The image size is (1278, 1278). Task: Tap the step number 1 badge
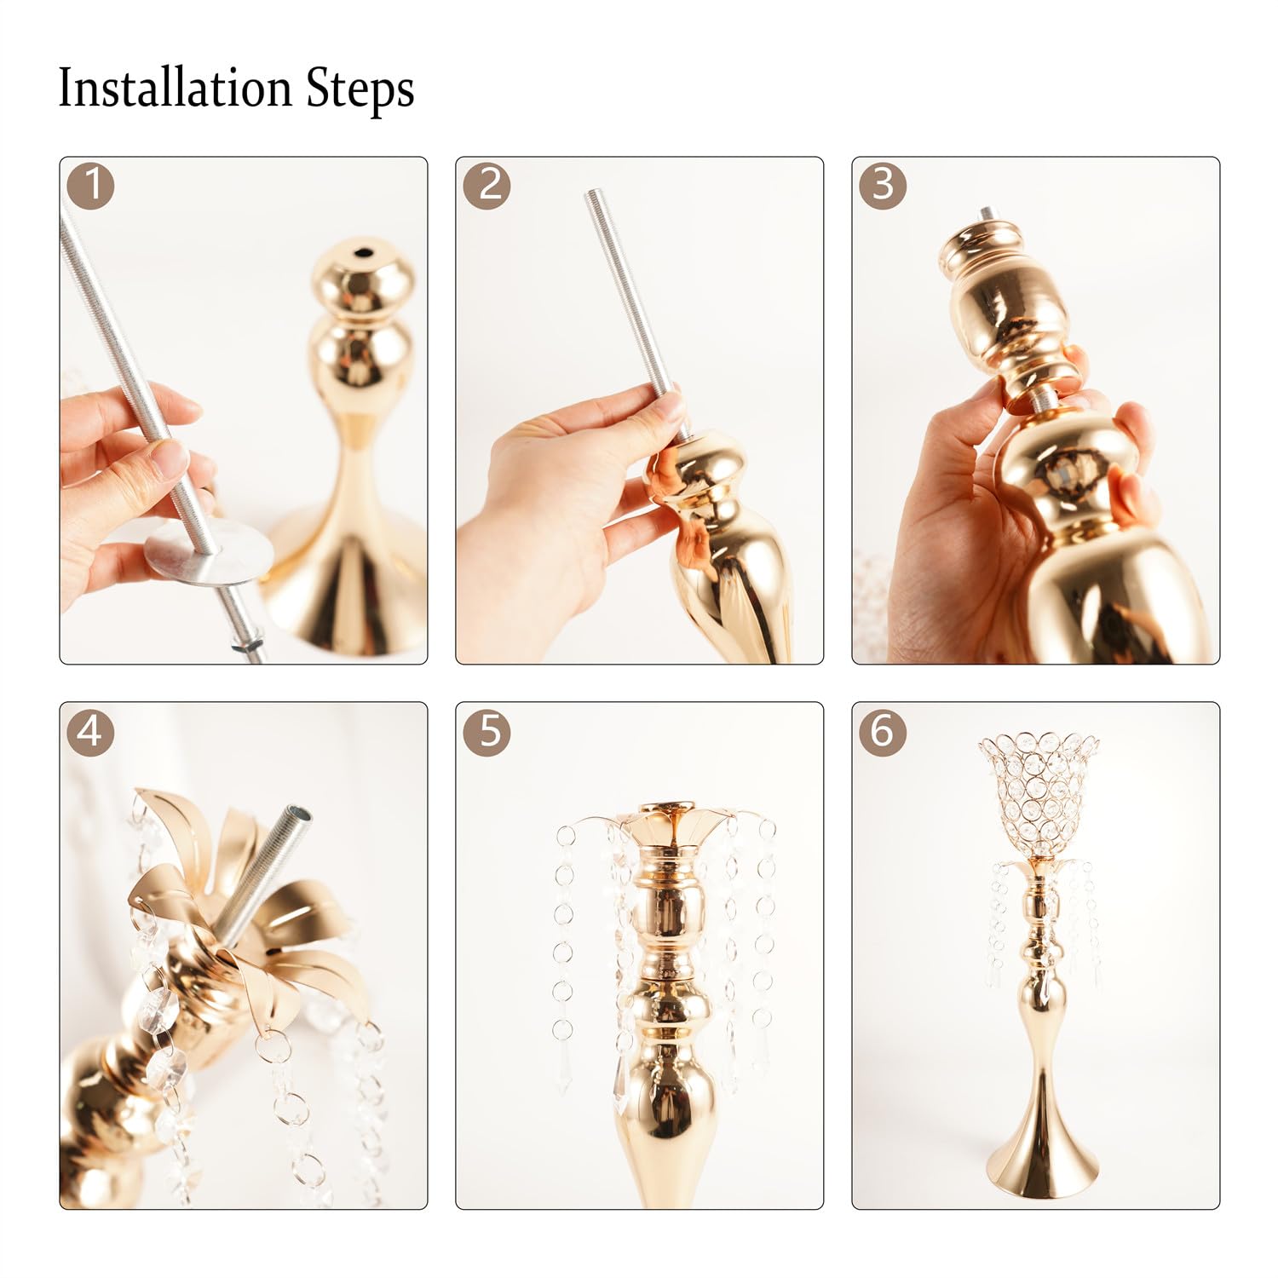pos(90,185)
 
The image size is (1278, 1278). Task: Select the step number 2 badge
pos(487,185)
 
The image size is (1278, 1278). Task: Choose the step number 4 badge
pos(90,731)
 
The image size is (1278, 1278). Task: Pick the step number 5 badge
pos(487,731)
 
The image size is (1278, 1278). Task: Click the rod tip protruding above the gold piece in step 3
pos(986,214)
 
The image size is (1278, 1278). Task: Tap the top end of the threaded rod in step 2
pos(591,197)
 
